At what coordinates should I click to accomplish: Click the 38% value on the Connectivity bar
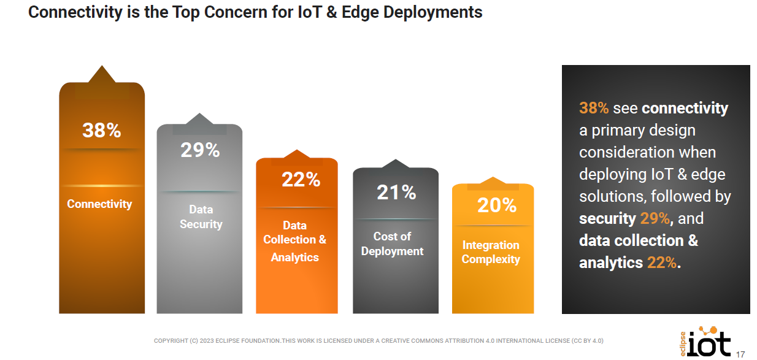[102, 130]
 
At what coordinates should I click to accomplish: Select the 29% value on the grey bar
[200, 150]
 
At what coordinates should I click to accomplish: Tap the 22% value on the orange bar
[301, 180]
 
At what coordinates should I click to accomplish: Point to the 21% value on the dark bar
[396, 193]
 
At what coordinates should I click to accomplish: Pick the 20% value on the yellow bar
[497, 205]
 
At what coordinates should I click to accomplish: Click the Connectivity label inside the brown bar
[99, 204]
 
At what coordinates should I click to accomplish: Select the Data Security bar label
[201, 217]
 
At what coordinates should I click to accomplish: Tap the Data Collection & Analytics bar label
[295, 241]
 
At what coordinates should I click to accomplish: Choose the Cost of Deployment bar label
[392, 243]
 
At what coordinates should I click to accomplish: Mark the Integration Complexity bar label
[491, 252]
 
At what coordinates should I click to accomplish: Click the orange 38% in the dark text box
[594, 109]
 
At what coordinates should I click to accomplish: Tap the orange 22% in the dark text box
[662, 262]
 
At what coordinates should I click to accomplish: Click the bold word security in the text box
[607, 218]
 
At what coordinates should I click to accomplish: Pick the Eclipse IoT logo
[705, 342]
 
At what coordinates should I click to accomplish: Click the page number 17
[740, 353]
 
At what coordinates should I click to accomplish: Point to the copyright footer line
[378, 340]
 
